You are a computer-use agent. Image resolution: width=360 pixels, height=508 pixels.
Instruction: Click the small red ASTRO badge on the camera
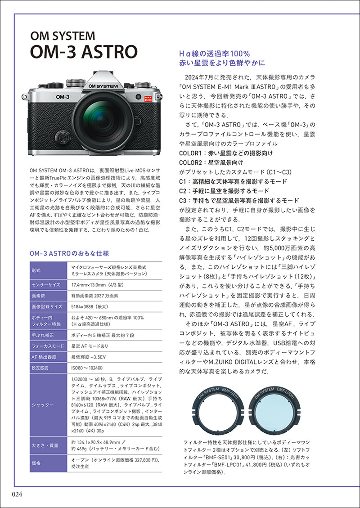click(x=146, y=97)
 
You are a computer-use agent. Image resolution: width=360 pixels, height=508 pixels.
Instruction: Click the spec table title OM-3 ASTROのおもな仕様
click(x=69, y=254)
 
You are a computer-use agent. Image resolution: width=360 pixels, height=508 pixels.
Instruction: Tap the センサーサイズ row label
click(x=45, y=285)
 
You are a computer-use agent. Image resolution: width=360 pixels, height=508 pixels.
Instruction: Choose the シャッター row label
click(x=43, y=405)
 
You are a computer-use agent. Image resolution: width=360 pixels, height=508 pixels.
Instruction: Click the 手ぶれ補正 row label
click(x=43, y=335)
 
